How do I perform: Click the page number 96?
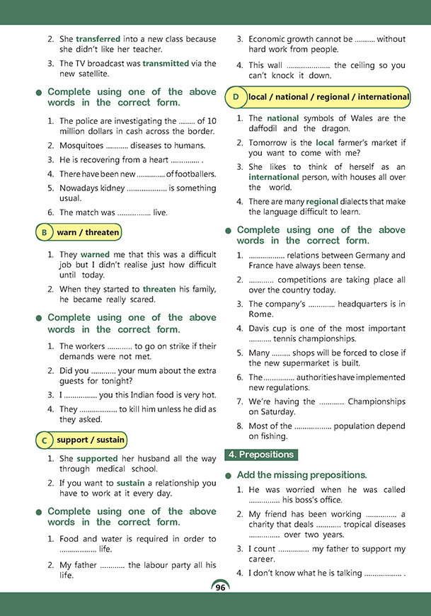(220, 588)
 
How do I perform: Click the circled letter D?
(235, 97)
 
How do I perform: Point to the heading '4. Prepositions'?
(260, 455)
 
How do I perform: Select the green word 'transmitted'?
(166, 63)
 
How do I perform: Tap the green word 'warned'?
(95, 253)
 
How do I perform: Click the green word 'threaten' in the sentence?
(164, 289)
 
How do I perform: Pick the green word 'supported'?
(98, 459)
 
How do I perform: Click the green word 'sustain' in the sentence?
(130, 483)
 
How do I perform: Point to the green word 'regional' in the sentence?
(322, 201)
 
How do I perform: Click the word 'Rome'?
(260, 314)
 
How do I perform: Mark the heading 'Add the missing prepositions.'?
(302, 474)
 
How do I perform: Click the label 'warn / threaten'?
(88, 232)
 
